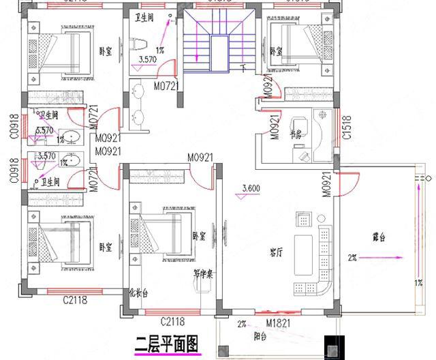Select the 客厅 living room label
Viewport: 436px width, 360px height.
(x=276, y=252)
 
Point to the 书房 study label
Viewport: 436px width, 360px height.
(x=296, y=135)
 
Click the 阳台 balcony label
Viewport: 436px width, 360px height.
(x=260, y=335)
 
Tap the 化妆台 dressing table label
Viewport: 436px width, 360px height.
(x=138, y=294)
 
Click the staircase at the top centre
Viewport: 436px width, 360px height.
(x=218, y=41)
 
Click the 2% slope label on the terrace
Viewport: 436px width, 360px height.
(x=353, y=257)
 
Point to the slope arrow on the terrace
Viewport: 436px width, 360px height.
(x=385, y=257)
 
